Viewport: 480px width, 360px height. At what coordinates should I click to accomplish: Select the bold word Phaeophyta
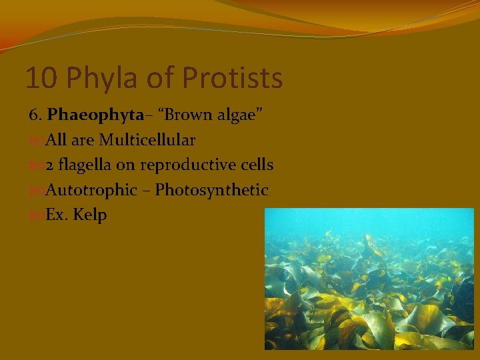[95, 115]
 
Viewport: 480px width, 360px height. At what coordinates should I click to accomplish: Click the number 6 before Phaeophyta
[35, 115]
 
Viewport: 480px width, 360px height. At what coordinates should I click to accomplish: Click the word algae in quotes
[240, 115]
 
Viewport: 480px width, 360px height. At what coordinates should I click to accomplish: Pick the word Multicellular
[147, 140]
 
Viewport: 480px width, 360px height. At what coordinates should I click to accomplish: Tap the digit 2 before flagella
[50, 165]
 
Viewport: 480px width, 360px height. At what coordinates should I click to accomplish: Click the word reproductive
[184, 165]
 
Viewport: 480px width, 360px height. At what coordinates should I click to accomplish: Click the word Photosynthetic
[211, 191]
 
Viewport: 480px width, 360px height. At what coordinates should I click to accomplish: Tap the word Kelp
[91, 216]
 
